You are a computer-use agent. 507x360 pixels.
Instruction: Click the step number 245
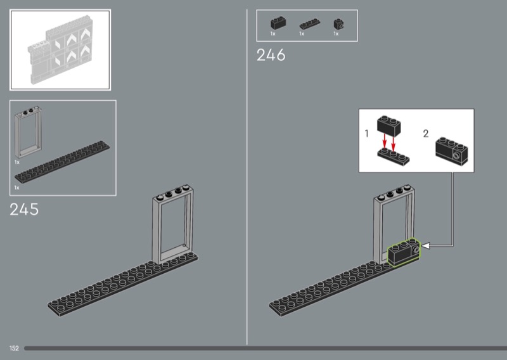[24, 209]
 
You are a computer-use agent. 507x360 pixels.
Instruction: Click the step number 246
[271, 55]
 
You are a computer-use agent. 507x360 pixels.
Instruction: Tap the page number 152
[14, 349]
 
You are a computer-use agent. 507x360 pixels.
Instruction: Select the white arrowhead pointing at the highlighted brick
[425, 246]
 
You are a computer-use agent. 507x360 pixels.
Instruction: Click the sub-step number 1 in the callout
[366, 133]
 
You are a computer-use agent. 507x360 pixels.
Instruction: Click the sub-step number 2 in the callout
[426, 133]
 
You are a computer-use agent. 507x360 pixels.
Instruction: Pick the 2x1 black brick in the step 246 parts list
[278, 23]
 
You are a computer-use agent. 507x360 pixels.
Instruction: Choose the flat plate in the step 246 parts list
[310, 24]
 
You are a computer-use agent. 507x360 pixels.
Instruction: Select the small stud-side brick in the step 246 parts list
[338, 24]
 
